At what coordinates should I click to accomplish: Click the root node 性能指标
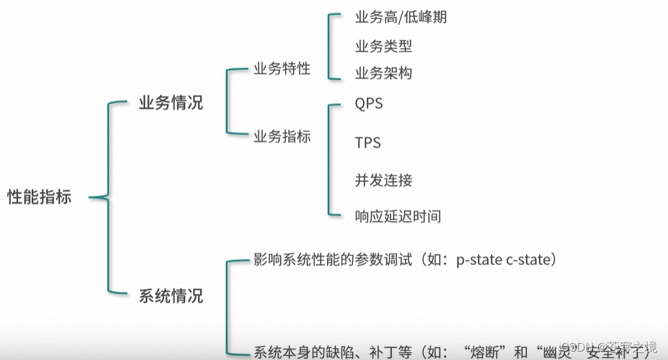coord(39,197)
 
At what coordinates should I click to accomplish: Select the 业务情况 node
coord(171,102)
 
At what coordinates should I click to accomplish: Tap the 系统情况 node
coord(171,295)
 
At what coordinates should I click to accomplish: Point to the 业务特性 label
coord(281,69)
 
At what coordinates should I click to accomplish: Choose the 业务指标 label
coord(281,137)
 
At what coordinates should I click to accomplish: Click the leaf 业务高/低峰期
coord(401,17)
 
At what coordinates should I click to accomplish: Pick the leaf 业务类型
coord(383,47)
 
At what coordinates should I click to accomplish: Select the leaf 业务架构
coord(383,73)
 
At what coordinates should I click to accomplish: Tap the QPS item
coord(369,104)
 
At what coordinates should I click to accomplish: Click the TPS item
coord(368,142)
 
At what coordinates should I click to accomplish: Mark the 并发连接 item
coord(383,180)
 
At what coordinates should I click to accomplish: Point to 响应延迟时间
coord(398,216)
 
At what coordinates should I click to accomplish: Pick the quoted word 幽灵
coord(553,349)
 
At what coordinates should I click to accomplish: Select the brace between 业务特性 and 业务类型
coord(329,46)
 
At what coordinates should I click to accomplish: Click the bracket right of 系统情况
coord(229,306)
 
